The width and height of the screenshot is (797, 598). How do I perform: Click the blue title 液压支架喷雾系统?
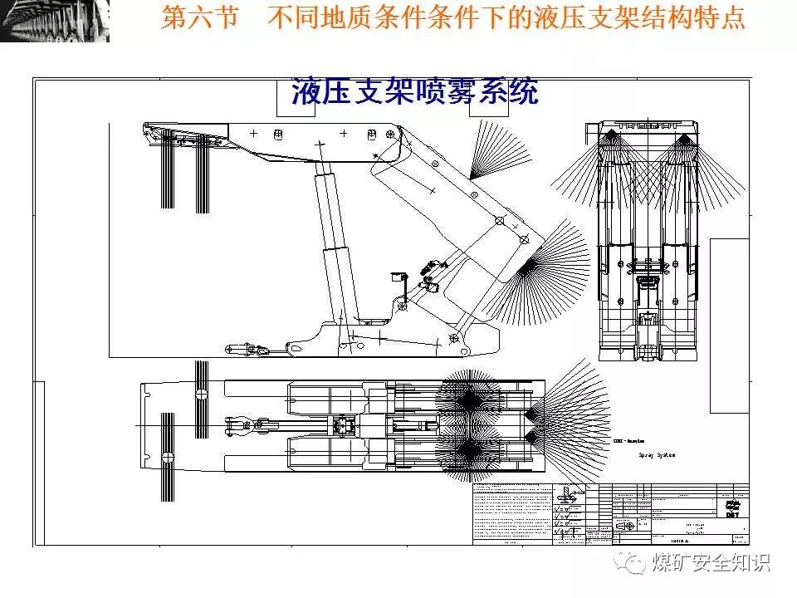(x=414, y=92)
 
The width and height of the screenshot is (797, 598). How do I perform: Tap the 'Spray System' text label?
(x=656, y=455)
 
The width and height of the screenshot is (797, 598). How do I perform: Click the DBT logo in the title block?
(x=731, y=509)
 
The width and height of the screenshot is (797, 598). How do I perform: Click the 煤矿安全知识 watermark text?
(x=711, y=562)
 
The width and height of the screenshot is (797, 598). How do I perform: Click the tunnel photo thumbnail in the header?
(x=55, y=21)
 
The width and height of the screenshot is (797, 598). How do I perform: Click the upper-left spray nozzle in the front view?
(x=613, y=135)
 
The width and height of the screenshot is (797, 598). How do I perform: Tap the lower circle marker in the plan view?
(x=168, y=457)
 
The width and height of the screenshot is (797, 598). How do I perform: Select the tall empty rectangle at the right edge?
(x=729, y=326)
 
